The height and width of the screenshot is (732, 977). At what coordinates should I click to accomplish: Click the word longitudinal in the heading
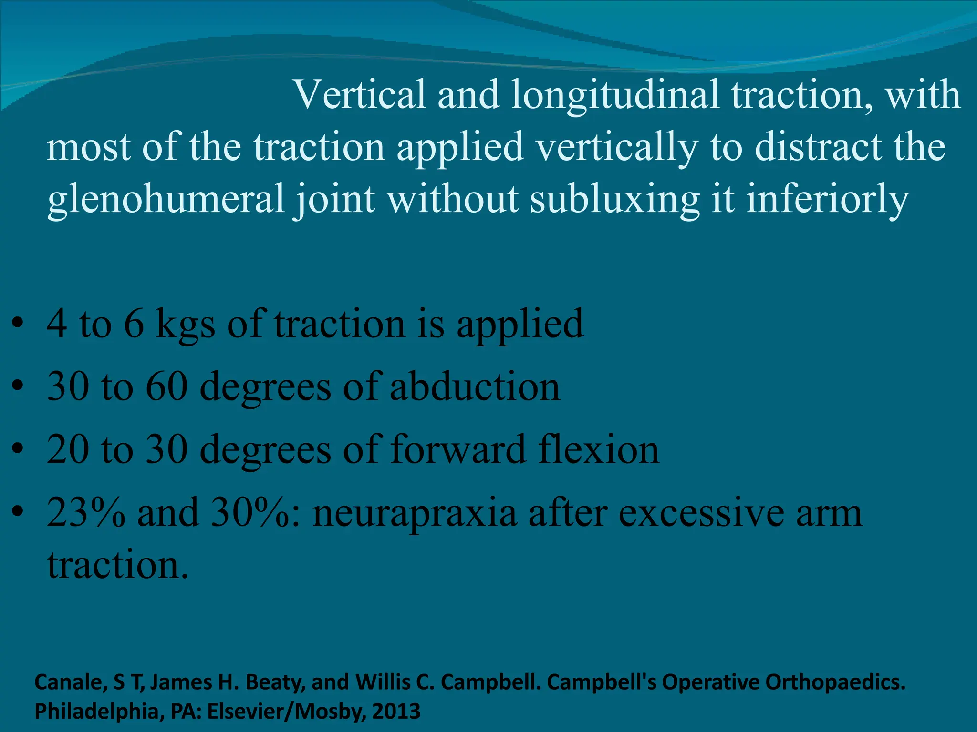(x=615, y=95)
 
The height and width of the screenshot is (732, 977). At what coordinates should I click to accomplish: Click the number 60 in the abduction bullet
(x=166, y=386)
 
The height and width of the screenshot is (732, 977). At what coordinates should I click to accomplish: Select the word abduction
(x=475, y=386)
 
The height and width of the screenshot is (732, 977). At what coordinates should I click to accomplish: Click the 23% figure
(x=86, y=513)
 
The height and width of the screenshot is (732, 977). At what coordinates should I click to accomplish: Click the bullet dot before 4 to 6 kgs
(x=18, y=324)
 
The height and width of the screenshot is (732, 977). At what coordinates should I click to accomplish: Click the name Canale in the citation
(x=71, y=682)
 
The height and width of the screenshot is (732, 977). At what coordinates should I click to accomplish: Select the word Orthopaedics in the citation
(x=835, y=682)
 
